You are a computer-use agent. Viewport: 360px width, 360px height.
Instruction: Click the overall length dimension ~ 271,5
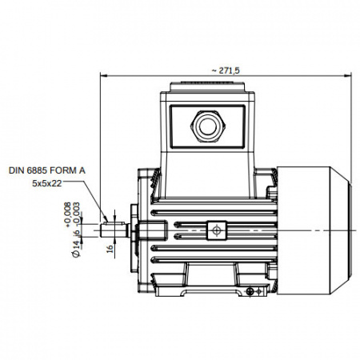pyautogui.click(x=226, y=70)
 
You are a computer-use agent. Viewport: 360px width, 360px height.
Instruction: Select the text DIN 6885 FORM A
pyautogui.click(x=47, y=170)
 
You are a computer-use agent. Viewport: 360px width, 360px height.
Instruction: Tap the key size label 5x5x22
pyautogui.click(x=47, y=183)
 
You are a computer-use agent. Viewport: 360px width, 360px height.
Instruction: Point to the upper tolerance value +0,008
pyautogui.click(x=68, y=214)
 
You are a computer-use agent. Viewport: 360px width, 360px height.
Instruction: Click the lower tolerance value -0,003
pyautogui.click(x=77, y=214)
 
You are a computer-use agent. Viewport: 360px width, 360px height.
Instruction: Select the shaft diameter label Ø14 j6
pyautogui.click(x=77, y=243)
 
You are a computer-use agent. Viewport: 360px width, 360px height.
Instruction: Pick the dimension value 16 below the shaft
pyautogui.click(x=110, y=248)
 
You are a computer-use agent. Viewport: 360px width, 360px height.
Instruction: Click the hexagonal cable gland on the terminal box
pyautogui.click(x=208, y=126)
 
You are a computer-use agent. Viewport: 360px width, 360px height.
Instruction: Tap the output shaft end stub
pyautogui.click(x=114, y=230)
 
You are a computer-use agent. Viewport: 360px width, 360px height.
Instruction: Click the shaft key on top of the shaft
pyautogui.click(x=114, y=223)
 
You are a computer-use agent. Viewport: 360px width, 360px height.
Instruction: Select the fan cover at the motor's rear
pyautogui.click(x=314, y=230)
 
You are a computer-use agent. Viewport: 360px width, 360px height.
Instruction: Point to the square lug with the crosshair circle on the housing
pyautogui.click(x=217, y=230)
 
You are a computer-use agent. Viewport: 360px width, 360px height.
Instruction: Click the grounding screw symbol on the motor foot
pyautogui.click(x=250, y=292)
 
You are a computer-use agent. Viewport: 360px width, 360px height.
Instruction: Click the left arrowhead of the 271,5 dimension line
pyautogui.click(x=103, y=76)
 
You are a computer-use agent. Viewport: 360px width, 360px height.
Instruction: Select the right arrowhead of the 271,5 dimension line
pyautogui.click(x=348, y=76)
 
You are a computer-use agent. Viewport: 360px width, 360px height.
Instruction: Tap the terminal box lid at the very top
pyautogui.click(x=208, y=86)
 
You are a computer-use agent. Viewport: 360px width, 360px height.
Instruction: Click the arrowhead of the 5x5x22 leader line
pyautogui.click(x=106, y=219)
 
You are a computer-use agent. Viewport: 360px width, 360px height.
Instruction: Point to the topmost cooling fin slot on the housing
pyautogui.click(x=214, y=213)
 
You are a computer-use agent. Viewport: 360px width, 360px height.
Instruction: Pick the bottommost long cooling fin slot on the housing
pyautogui.click(x=214, y=260)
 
